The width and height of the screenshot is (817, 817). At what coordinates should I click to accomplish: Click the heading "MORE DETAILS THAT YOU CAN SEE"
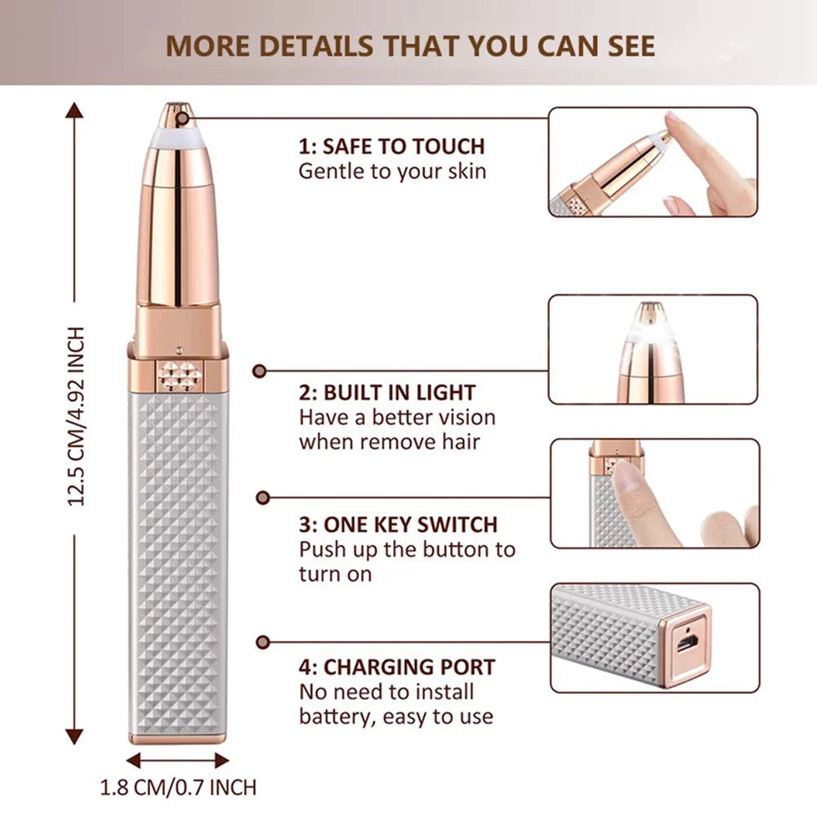coord(411,45)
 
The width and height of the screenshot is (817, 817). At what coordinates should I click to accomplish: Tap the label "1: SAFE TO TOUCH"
coord(391,147)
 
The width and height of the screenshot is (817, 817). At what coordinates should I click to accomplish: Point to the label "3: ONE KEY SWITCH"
coord(398,524)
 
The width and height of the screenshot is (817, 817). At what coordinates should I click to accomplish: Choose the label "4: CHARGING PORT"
coord(396,667)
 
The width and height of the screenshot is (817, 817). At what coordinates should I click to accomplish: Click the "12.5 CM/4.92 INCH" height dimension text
coord(76,416)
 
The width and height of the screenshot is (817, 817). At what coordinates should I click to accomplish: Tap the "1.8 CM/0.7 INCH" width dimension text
coord(177,788)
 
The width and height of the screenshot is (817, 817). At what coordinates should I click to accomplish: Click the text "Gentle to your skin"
coord(392,172)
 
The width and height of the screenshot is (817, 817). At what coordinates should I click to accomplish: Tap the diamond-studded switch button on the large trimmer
coord(179,376)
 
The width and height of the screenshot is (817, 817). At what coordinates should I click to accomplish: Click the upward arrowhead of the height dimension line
coord(75,110)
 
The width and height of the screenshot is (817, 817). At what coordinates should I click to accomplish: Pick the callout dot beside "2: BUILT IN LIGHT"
coord(260,371)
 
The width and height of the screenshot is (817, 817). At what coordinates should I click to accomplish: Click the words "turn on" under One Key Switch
coord(335,574)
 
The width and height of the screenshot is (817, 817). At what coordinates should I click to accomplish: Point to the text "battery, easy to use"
coord(395,717)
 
